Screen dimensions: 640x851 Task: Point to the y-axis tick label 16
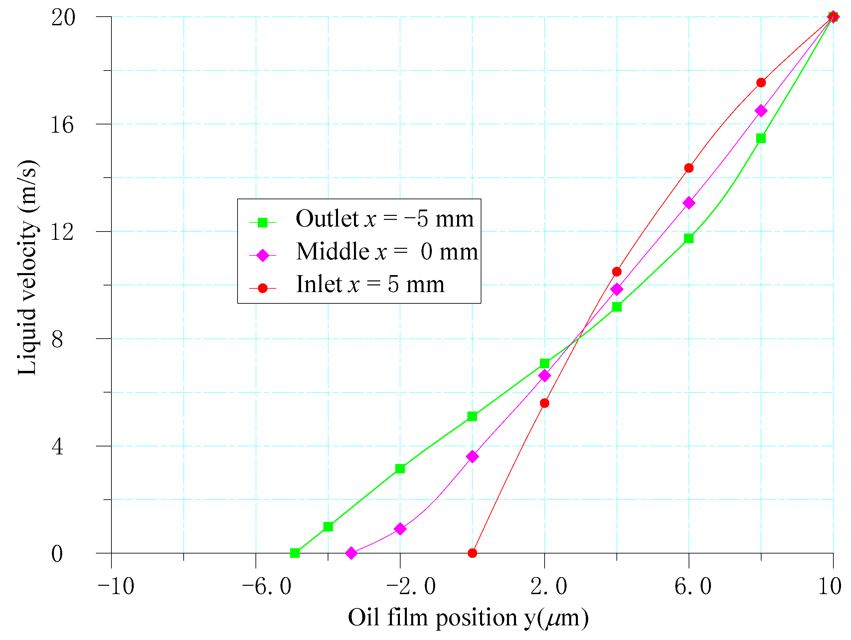(x=62, y=125)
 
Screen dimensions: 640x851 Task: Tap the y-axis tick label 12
(x=62, y=232)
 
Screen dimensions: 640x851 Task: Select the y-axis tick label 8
(x=57, y=339)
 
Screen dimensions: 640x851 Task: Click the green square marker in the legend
(x=262, y=222)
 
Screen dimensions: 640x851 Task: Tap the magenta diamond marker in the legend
(x=262, y=255)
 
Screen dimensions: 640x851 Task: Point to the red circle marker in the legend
(x=262, y=288)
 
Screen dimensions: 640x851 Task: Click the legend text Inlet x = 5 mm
(x=370, y=285)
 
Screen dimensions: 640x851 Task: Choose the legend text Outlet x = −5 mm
(x=385, y=219)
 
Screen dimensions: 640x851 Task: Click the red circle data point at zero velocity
(x=472, y=553)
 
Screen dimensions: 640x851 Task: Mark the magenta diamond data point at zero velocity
(x=351, y=553)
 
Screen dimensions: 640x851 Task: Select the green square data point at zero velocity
(x=295, y=553)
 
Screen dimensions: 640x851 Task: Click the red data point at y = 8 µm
(x=761, y=82)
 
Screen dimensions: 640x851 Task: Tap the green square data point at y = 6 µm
(x=689, y=239)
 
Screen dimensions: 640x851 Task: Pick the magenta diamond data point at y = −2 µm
(x=400, y=529)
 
